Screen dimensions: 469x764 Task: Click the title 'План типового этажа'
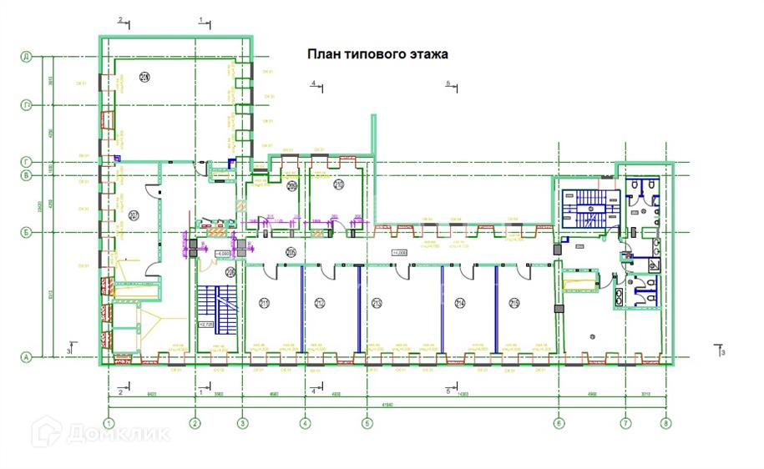pyautogui.click(x=378, y=54)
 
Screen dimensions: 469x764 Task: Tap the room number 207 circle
pyautogui.click(x=132, y=214)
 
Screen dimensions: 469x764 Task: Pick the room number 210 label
pyautogui.click(x=339, y=185)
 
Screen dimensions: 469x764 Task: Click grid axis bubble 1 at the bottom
pyautogui.click(x=109, y=423)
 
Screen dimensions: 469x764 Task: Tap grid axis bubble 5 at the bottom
pyautogui.click(x=366, y=423)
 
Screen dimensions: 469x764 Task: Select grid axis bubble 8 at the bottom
pyautogui.click(x=665, y=423)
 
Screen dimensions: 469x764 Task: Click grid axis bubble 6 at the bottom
pyautogui.click(x=558, y=423)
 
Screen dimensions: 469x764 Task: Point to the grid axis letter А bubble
pyautogui.click(x=26, y=358)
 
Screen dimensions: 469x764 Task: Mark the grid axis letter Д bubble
pyautogui.click(x=26, y=57)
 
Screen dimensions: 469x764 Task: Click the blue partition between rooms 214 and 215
pyautogui.click(x=497, y=307)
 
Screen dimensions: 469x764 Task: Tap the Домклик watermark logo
pyautogui.click(x=100, y=433)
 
